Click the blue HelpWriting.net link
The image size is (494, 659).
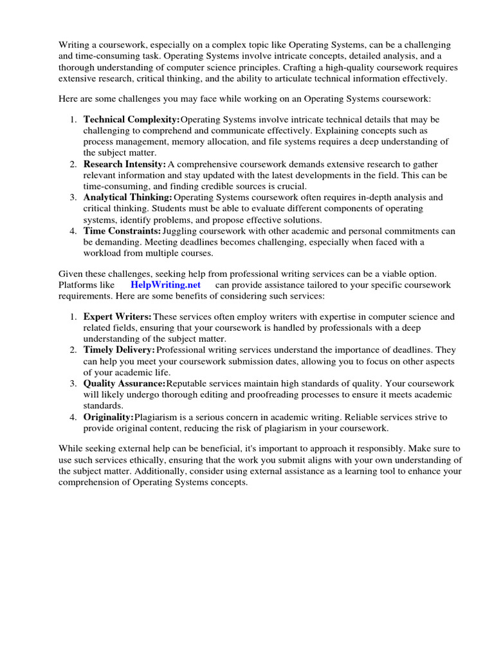pyautogui.click(x=165, y=284)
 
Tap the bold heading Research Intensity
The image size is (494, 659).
pyautogui.click(x=124, y=164)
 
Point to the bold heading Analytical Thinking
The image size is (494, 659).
pyautogui.click(x=127, y=197)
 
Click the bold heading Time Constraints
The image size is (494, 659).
pyautogui.click(x=122, y=230)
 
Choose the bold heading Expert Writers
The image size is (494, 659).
pyautogui.click(x=117, y=317)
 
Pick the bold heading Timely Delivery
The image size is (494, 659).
pyautogui.click(x=119, y=350)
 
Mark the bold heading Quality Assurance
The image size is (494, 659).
pyautogui.click(x=124, y=384)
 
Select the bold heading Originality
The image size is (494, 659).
pyautogui.click(x=108, y=417)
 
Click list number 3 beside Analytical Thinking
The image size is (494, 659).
pyautogui.click(x=73, y=197)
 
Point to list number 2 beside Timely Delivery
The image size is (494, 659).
pyautogui.click(x=73, y=350)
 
